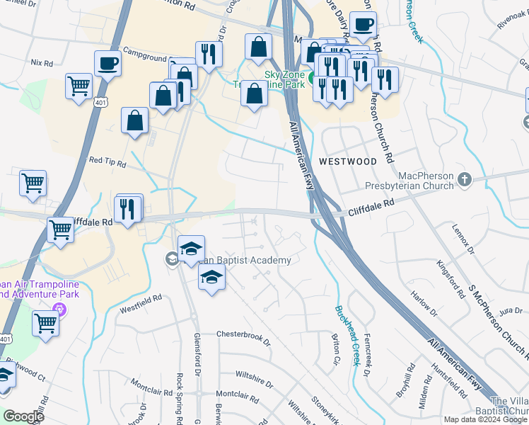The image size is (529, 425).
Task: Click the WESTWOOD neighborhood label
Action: pos(347,161)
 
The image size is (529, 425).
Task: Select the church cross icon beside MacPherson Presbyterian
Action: pos(464,179)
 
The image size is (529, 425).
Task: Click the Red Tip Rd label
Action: pos(107,162)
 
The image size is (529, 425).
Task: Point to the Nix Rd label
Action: pos(42,63)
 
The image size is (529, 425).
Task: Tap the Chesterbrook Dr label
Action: pos(243,334)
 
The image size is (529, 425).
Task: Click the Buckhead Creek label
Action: pos(348,331)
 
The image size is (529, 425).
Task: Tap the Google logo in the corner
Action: pos(23,416)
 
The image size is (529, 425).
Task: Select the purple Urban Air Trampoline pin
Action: pos(59,310)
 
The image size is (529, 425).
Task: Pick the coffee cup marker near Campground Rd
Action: pos(107,63)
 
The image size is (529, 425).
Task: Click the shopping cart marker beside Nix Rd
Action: pos(79,86)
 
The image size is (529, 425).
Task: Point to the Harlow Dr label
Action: pos(426,302)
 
